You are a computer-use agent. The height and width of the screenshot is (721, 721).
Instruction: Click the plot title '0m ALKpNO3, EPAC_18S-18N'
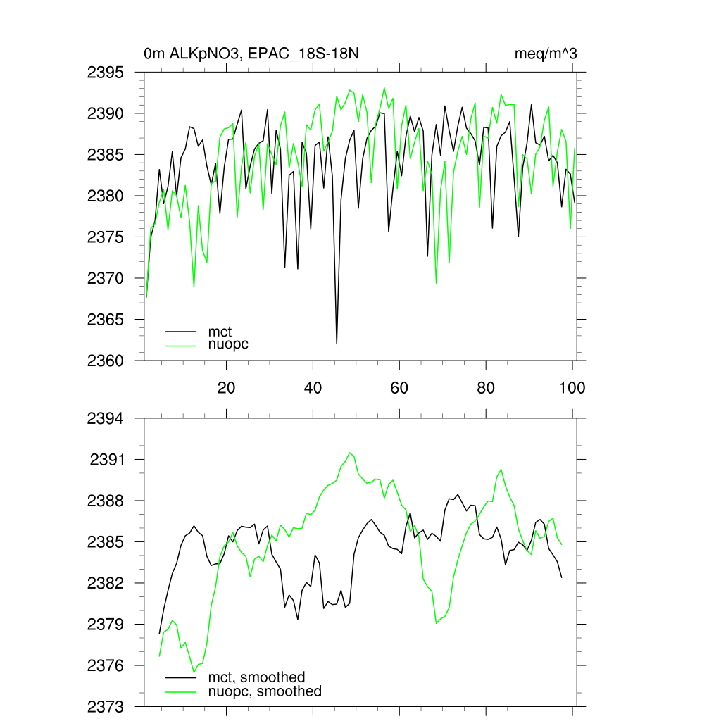pyautogui.click(x=253, y=54)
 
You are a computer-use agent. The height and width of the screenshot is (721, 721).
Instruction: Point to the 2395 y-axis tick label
pyautogui.click(x=106, y=73)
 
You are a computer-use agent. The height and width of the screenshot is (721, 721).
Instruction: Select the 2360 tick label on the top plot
pyautogui.click(x=106, y=360)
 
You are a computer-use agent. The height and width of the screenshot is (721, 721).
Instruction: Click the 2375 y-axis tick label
pyautogui.click(x=106, y=237)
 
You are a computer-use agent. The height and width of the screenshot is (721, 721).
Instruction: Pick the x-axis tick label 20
pyautogui.click(x=226, y=387)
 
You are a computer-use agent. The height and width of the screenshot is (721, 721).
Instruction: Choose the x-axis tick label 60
pyautogui.click(x=399, y=387)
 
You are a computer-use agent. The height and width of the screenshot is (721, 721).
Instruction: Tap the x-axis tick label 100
pyautogui.click(x=572, y=387)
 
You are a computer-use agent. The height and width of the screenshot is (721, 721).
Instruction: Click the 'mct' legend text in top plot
pyautogui.click(x=220, y=330)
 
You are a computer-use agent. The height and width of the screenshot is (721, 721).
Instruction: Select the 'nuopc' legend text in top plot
pyautogui.click(x=229, y=344)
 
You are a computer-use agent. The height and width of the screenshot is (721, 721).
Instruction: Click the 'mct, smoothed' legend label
pyautogui.click(x=257, y=677)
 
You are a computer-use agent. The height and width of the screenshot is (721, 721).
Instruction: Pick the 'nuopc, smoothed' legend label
pyautogui.click(x=265, y=691)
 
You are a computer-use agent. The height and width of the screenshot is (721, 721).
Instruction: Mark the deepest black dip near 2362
pyautogui.click(x=337, y=344)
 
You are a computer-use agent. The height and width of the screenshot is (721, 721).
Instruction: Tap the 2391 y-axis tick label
pyautogui.click(x=108, y=460)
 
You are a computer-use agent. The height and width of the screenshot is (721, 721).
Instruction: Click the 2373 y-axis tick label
pyautogui.click(x=106, y=706)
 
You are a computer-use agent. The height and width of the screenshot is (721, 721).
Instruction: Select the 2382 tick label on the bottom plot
pyautogui.click(x=106, y=583)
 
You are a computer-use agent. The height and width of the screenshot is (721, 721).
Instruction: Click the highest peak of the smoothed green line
pyautogui.click(x=350, y=452)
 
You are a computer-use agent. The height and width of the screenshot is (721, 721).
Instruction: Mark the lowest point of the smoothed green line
pyautogui.click(x=194, y=672)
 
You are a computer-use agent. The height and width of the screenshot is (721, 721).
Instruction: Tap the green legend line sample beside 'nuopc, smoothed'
pyautogui.click(x=181, y=691)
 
